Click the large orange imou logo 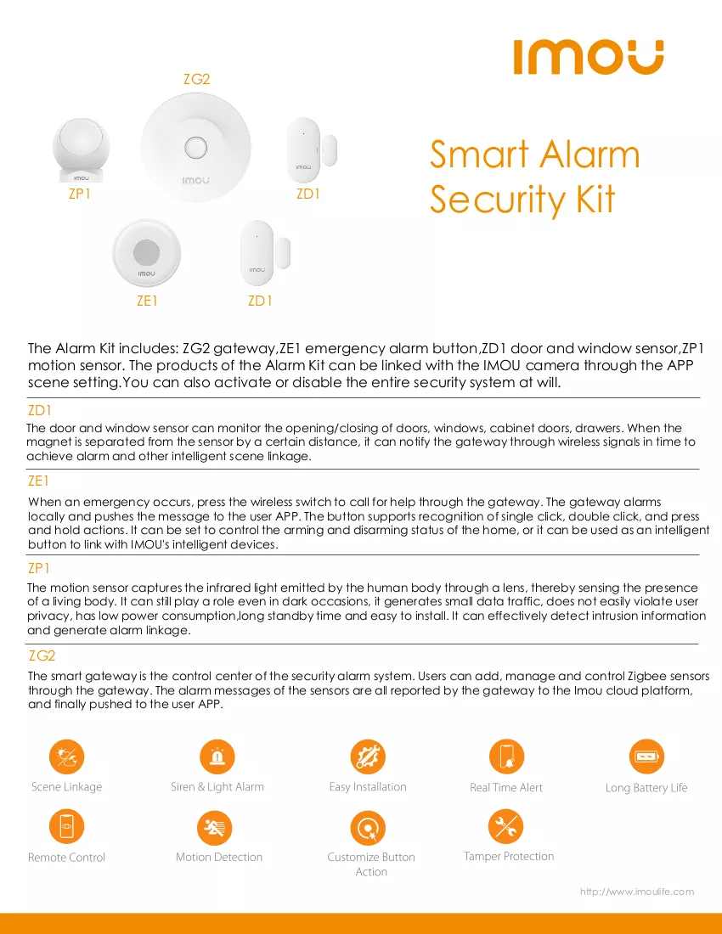588,57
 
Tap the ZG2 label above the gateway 196,79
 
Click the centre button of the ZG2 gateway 195,147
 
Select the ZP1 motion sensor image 81,149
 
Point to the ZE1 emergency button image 147,253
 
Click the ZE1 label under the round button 147,301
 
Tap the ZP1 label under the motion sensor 79,194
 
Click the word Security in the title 498,200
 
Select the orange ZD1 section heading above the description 40,410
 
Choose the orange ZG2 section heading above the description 42,655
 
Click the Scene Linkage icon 67,757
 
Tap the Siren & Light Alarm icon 217,757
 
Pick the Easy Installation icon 368,757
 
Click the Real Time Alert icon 506,757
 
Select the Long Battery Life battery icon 646,757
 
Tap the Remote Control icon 67,827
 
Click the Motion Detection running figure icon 214,827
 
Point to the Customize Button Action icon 368,827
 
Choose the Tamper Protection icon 505,826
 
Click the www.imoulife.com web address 637,892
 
